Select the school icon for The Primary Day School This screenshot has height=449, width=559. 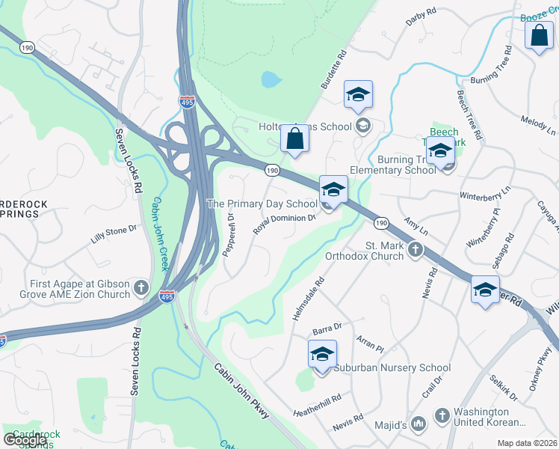click(x=333, y=189)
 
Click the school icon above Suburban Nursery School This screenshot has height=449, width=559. click(x=322, y=354)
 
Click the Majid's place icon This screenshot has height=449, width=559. click(x=419, y=425)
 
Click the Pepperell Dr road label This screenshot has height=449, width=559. click(x=229, y=234)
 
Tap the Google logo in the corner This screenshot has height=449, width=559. click(x=25, y=439)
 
